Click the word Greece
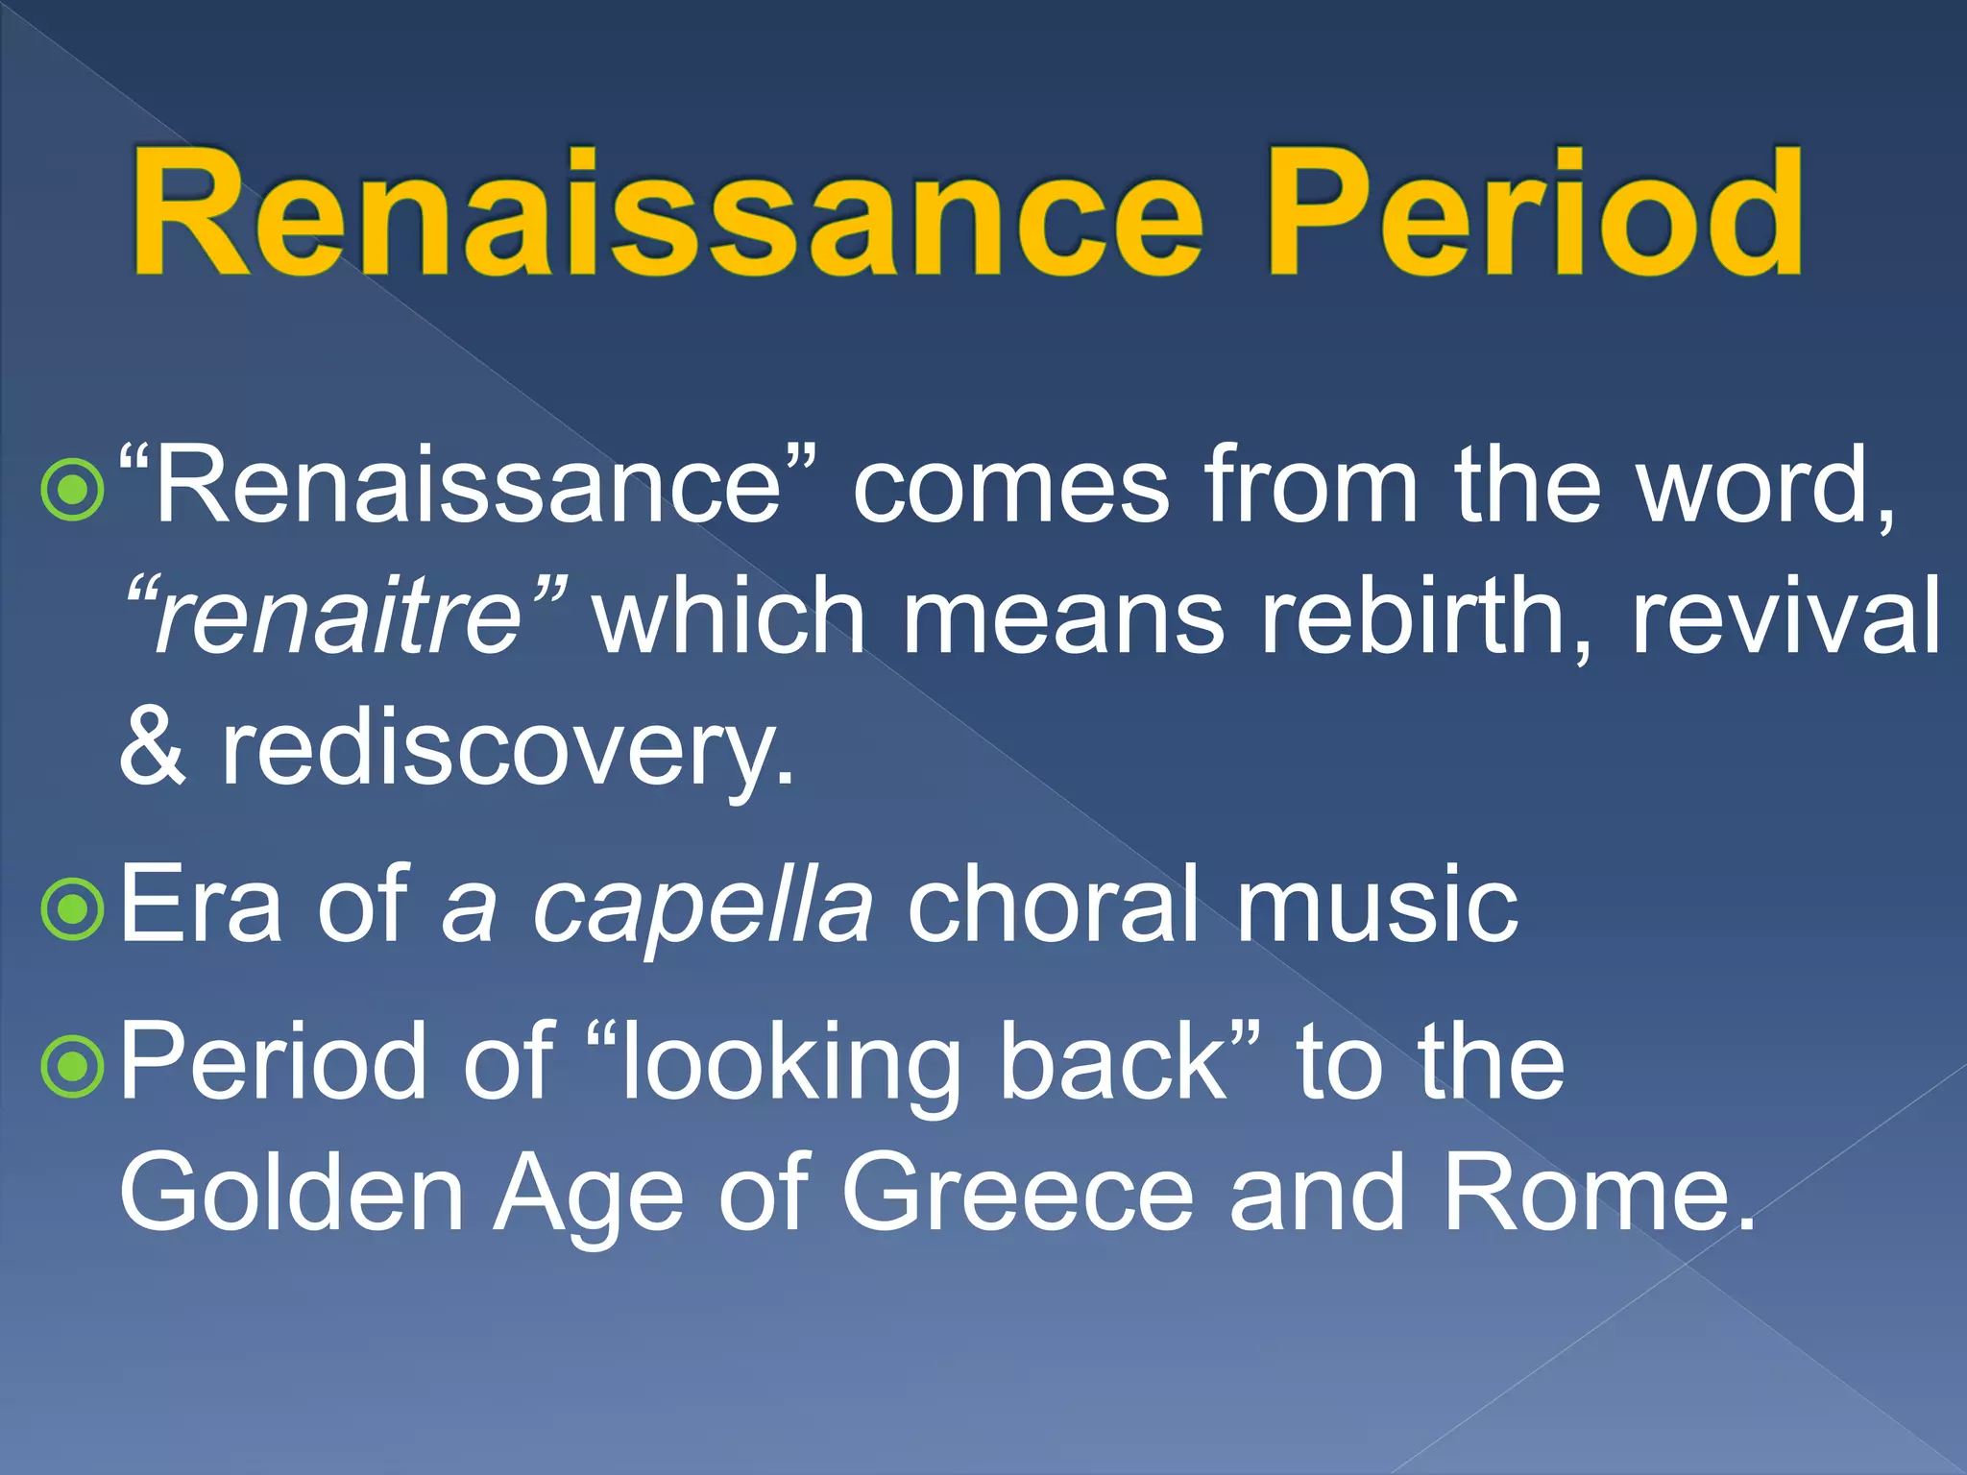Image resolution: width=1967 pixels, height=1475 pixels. [1017, 1193]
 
